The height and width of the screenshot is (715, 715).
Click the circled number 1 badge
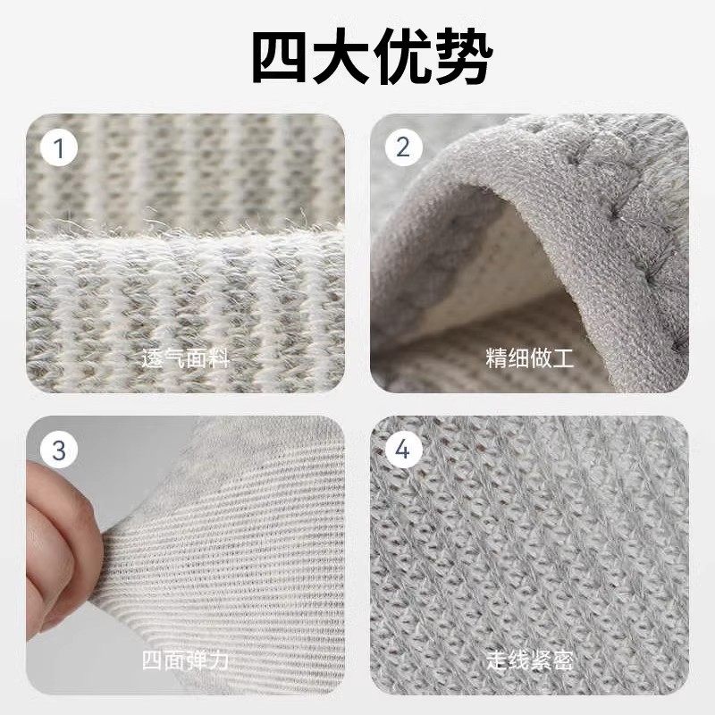tap(60, 148)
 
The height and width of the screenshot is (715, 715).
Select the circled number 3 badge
tap(60, 450)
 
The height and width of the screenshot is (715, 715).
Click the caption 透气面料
tap(186, 359)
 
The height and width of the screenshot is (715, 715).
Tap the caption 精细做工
tap(530, 359)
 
